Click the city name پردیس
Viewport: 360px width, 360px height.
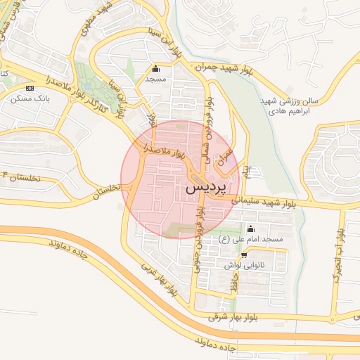[207, 190]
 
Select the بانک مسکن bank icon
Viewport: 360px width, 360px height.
[30, 88]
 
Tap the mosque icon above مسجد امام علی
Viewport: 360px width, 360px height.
[251, 229]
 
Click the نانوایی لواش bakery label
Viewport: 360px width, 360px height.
[243, 266]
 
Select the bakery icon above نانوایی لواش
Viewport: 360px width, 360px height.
[244, 255]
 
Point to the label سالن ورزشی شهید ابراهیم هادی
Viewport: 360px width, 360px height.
[288, 106]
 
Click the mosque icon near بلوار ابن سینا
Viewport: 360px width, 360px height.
[155, 69]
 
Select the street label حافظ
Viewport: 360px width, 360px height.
[235, 283]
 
